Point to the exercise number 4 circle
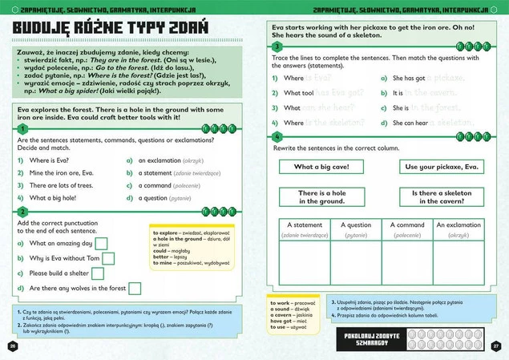tap(277, 136)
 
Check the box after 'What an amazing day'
tap(102, 243)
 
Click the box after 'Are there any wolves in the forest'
tap(135, 289)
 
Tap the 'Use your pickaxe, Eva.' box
tap(442, 167)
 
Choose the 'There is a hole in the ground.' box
tap(321, 197)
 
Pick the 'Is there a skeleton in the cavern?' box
tap(446, 197)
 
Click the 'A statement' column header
tap(304, 225)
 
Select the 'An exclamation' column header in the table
tap(459, 225)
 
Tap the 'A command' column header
tap(406, 225)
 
